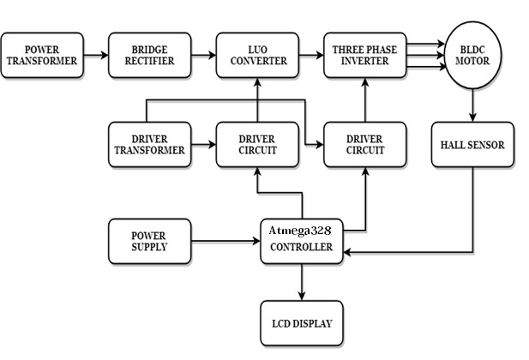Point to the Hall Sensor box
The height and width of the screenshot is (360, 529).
point(472,146)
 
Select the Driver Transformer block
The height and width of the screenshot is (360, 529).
point(149,146)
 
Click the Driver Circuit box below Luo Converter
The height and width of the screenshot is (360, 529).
point(258,146)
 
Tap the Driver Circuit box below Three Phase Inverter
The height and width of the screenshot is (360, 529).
point(365,146)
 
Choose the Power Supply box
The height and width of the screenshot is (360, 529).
point(149,242)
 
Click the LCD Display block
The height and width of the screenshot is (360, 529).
point(301,323)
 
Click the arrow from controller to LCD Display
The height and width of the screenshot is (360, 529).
point(301,282)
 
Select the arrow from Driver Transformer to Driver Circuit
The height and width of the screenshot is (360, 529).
point(202,146)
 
